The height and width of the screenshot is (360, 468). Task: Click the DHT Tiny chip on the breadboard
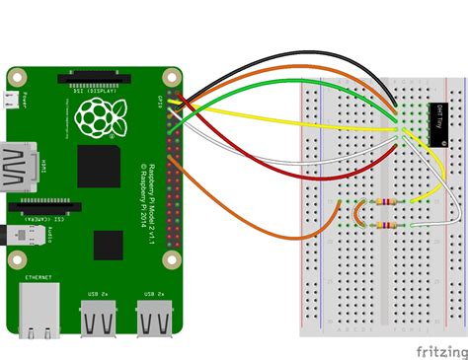click(436, 123)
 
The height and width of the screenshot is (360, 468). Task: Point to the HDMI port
click(21, 164)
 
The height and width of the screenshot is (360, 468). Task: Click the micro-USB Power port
click(13, 100)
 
